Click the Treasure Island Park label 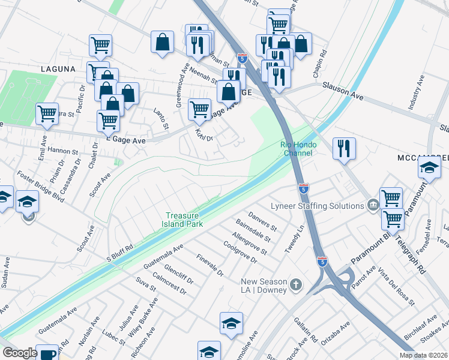point(185,220)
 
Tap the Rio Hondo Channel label point(297,149)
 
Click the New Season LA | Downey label point(263,283)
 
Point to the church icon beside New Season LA point(295,284)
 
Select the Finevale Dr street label point(210,265)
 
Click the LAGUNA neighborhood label point(58,69)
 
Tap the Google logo point(20,353)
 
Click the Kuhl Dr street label point(205,134)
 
